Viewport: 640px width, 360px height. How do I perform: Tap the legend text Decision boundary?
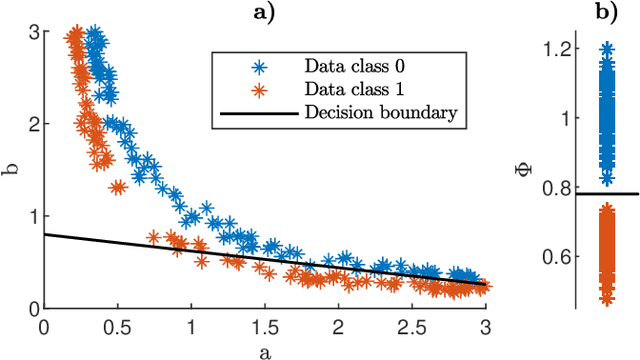coord(381,112)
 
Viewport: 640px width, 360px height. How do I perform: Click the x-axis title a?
coord(265,349)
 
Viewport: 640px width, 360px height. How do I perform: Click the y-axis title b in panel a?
coord(13,170)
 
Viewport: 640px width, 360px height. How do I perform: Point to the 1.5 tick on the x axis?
coord(265,327)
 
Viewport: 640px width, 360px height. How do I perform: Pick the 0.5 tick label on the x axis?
coord(117,327)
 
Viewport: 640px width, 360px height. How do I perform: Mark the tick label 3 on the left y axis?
coord(33,32)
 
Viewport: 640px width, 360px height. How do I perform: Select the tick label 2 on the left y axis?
coord(33,124)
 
